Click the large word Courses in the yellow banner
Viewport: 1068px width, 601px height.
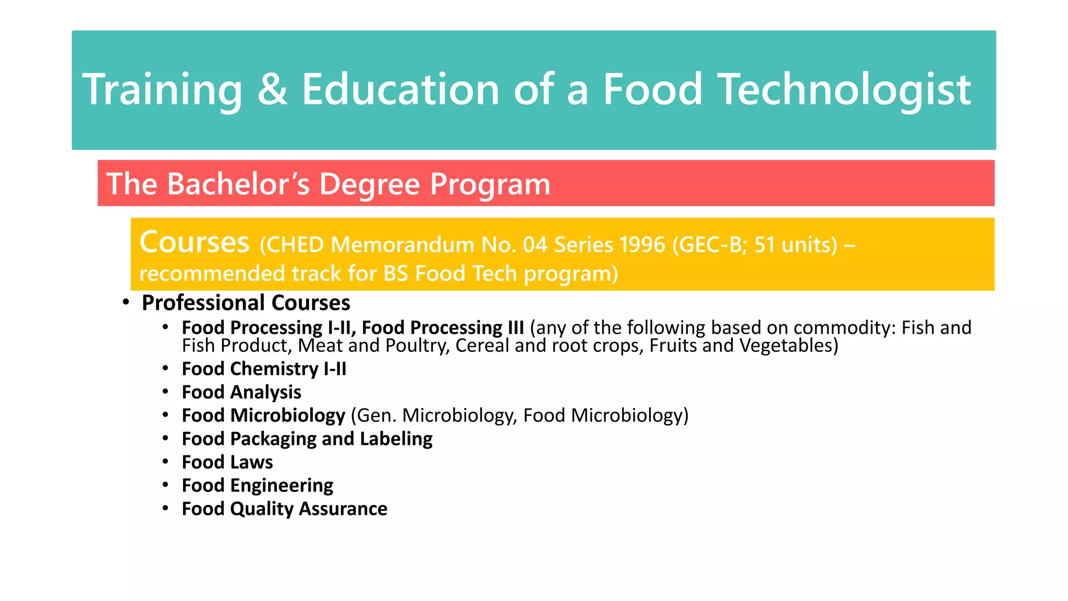[195, 243]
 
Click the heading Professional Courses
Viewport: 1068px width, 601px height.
[246, 303]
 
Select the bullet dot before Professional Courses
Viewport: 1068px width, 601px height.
[126, 303]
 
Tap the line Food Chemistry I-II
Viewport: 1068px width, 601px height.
[264, 369]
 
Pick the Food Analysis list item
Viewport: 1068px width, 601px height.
[241, 392]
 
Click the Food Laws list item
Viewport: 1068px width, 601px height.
[227, 462]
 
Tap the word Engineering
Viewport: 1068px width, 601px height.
[282, 486]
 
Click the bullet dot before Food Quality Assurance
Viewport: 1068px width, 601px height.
[165, 508]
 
